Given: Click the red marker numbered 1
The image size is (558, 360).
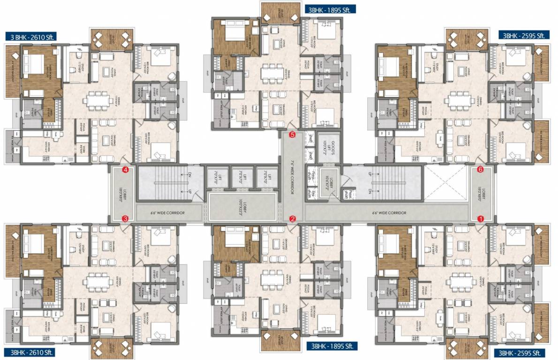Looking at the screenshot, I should point(480,218).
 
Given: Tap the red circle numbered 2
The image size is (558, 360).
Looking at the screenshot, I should point(293,218).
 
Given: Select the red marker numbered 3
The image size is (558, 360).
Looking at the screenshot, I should point(125,218).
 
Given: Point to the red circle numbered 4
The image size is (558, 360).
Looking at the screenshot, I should point(125,170).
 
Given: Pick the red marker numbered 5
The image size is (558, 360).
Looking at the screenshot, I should point(293,135).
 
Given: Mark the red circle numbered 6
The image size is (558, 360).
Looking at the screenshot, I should point(480,170).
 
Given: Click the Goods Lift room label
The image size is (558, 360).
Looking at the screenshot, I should point(329,148).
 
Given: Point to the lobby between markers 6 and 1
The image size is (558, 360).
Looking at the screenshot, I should point(482,194).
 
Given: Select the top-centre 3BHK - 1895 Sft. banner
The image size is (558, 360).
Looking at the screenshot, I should point(330,9).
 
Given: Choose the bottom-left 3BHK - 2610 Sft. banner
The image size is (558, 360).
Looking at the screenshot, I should point(31,352).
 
